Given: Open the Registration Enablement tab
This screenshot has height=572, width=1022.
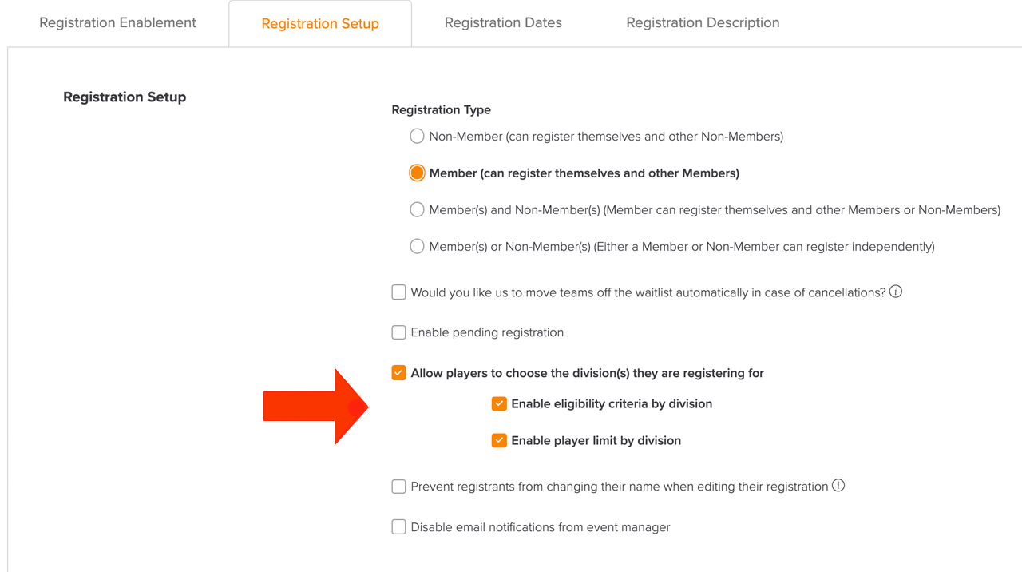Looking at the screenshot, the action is tap(117, 23).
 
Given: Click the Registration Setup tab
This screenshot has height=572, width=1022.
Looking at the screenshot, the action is tap(320, 23).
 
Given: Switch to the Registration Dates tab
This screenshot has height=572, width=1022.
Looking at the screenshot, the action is tap(503, 23).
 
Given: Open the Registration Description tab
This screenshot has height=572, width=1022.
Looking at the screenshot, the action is tap(703, 23).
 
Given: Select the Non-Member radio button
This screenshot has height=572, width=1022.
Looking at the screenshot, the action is tap(417, 136).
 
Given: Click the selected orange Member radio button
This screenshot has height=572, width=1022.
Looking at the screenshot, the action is tap(417, 173).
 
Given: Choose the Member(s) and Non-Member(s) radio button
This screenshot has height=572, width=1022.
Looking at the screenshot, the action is tap(417, 209).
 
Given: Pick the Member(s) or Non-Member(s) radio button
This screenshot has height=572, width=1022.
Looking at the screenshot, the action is tap(417, 247).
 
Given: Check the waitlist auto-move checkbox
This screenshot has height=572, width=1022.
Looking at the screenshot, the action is tap(398, 292).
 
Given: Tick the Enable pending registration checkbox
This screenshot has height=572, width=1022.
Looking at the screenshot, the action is tap(398, 332).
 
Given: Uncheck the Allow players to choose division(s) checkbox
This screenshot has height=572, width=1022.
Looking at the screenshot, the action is tap(398, 373).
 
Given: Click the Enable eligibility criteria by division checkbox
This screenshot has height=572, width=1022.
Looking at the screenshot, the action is tap(499, 403).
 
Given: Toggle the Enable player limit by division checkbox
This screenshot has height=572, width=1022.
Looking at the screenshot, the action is tap(499, 440).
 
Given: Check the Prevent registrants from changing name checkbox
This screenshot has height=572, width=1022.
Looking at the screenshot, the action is tap(398, 487).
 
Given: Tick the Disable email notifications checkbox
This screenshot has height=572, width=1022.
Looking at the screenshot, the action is tap(398, 526).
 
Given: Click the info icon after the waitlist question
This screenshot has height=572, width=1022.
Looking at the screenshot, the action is tap(896, 292).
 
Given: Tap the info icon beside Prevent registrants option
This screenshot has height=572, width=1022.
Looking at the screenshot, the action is tap(838, 485).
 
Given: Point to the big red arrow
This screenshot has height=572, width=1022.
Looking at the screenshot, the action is tap(315, 407).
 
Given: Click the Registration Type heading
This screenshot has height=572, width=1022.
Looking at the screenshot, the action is tap(442, 110).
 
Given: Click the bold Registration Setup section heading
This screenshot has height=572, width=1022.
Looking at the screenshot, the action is tap(125, 97).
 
